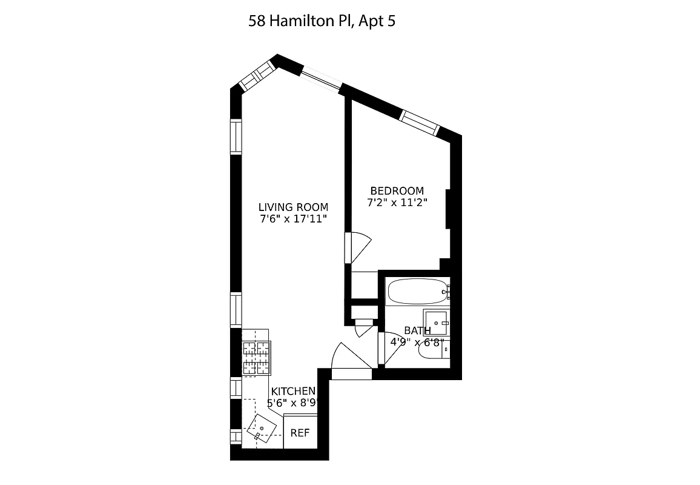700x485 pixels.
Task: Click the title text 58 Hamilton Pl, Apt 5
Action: [x=322, y=22]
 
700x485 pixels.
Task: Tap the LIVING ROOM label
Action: [x=293, y=207]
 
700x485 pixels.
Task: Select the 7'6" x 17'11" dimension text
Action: [x=293, y=219]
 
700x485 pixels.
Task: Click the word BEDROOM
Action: [x=397, y=191]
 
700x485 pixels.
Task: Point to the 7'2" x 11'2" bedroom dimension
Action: [x=397, y=203]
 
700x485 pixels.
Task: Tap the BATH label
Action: [x=417, y=331]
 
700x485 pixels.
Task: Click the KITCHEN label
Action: [x=293, y=392]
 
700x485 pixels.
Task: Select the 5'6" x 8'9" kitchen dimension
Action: [x=293, y=403]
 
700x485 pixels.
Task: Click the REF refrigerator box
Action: [x=300, y=432]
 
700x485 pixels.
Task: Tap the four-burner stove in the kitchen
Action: [x=256, y=358]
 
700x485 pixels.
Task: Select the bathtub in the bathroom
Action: [x=416, y=292]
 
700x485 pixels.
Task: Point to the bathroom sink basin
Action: [x=436, y=321]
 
